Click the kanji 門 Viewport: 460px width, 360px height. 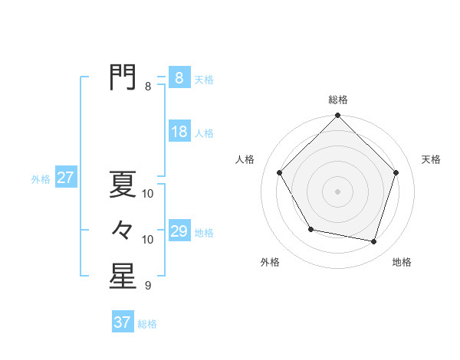pyautogui.click(x=123, y=77)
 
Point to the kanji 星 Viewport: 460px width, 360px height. pyautogui.click(x=123, y=277)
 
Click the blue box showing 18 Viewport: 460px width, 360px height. pyautogui.click(x=179, y=132)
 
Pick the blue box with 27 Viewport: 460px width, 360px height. pyautogui.click(x=65, y=178)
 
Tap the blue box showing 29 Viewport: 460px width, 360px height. pyautogui.click(x=179, y=231)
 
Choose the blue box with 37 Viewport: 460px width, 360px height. pyautogui.click(x=123, y=322)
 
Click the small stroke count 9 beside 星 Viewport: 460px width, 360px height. pyautogui.click(x=148, y=286)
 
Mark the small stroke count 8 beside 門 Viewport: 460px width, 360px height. pyautogui.click(x=148, y=87)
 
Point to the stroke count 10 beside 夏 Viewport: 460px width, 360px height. pyautogui.click(x=148, y=194)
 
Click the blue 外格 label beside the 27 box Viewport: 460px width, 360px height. pyautogui.click(x=41, y=179)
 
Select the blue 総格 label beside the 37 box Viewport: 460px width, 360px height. pyautogui.click(x=147, y=324)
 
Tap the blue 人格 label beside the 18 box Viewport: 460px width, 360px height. pyautogui.click(x=204, y=133)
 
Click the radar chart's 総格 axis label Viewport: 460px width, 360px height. pyautogui.click(x=337, y=100)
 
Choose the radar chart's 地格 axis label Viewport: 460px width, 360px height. pyautogui.click(x=402, y=262)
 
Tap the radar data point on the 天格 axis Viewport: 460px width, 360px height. pyautogui.click(x=396, y=172)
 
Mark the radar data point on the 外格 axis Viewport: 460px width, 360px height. pyautogui.click(x=310, y=229)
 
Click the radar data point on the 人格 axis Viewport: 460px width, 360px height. pyautogui.click(x=280, y=172)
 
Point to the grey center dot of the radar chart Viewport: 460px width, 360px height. pyautogui.click(x=337, y=191)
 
